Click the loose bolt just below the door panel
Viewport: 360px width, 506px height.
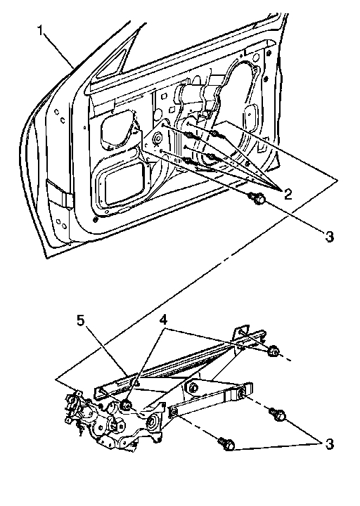tap(257, 200)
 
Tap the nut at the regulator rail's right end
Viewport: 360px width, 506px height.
tap(274, 351)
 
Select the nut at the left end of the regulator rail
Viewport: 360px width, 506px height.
tap(126, 406)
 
